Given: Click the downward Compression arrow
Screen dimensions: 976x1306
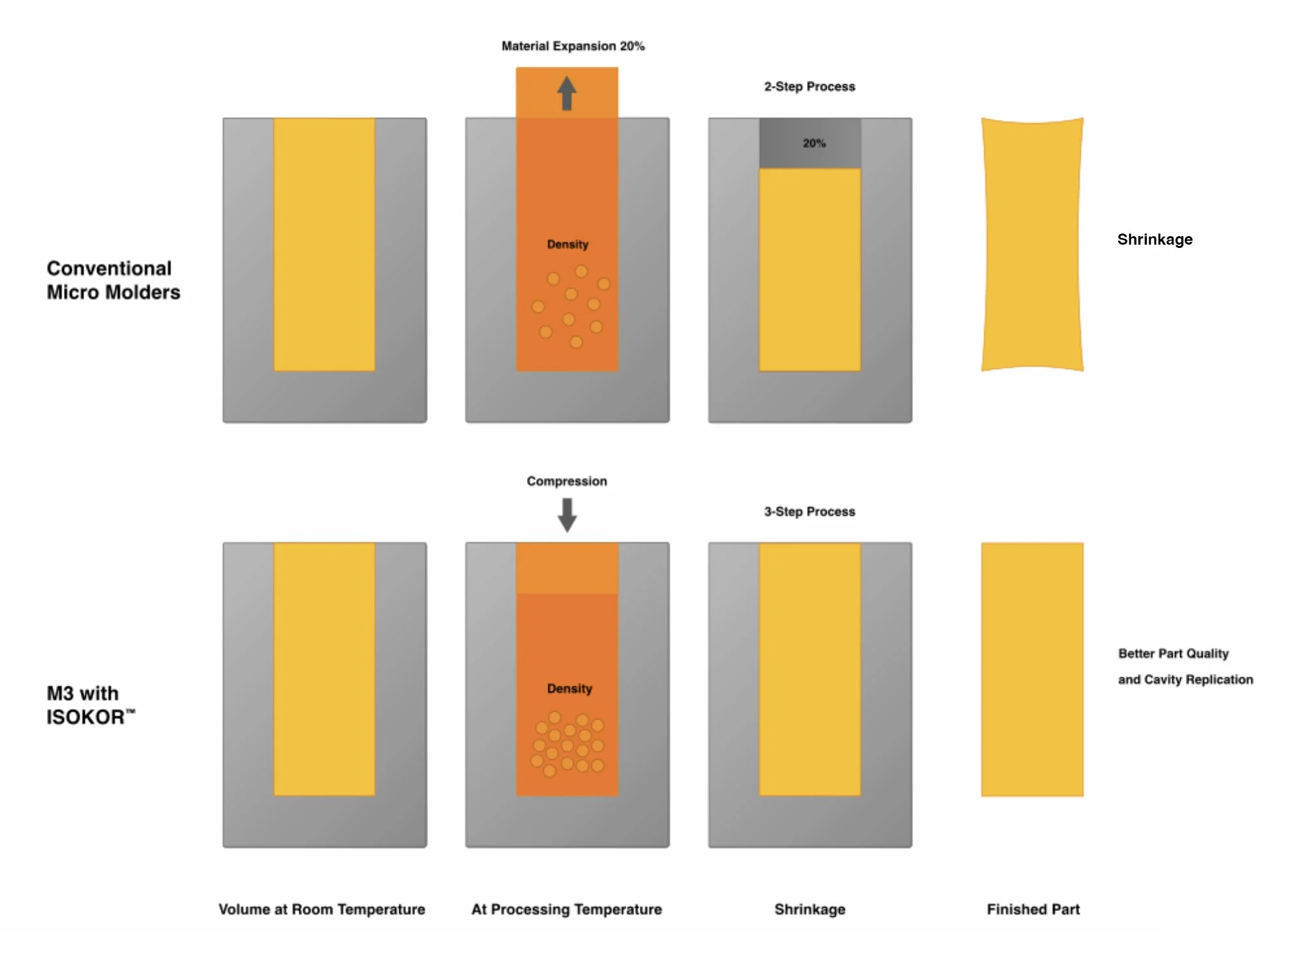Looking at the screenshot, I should pyautogui.click(x=567, y=515).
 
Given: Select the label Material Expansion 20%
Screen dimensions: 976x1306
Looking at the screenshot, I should pyautogui.click(x=573, y=46).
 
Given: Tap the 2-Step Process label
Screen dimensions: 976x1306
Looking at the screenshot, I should pyautogui.click(x=809, y=87).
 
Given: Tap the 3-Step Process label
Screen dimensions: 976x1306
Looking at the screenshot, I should pyautogui.click(x=809, y=511).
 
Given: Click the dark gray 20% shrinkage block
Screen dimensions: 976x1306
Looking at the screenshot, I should pyautogui.click(x=810, y=144).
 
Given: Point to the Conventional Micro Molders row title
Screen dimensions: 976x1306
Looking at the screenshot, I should pyautogui.click(x=113, y=280).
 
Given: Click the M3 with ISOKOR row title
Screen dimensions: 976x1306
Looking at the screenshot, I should pyautogui.click(x=90, y=705).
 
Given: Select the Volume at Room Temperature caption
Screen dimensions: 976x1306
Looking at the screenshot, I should pyautogui.click(x=322, y=909).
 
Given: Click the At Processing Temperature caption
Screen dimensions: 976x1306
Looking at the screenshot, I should pyautogui.click(x=566, y=909).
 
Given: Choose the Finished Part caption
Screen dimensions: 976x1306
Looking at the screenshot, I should pyautogui.click(x=1033, y=909).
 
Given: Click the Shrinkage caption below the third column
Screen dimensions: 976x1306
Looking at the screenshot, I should pyautogui.click(x=809, y=909).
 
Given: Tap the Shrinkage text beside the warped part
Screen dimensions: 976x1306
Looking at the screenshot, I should pyautogui.click(x=1155, y=239).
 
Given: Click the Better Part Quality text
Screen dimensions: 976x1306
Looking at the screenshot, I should pyautogui.click(x=1173, y=653).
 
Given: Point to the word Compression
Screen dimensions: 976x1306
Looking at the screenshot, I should pyautogui.click(x=566, y=481).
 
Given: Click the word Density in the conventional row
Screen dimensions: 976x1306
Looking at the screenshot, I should pyautogui.click(x=568, y=244).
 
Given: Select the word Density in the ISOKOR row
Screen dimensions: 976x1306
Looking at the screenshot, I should pyautogui.click(x=569, y=688).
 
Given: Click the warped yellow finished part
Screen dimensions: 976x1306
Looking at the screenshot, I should pyautogui.click(x=1032, y=245).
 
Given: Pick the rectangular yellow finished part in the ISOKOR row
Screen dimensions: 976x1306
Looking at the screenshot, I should pyautogui.click(x=1032, y=669).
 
